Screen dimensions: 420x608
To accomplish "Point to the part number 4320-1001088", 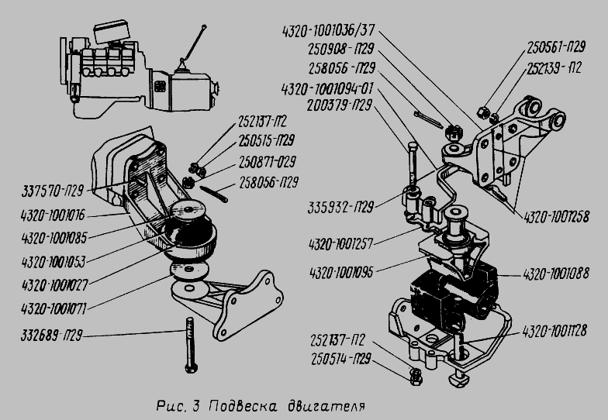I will point(555,273).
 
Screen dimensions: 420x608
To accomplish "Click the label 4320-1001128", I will point(554,331).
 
